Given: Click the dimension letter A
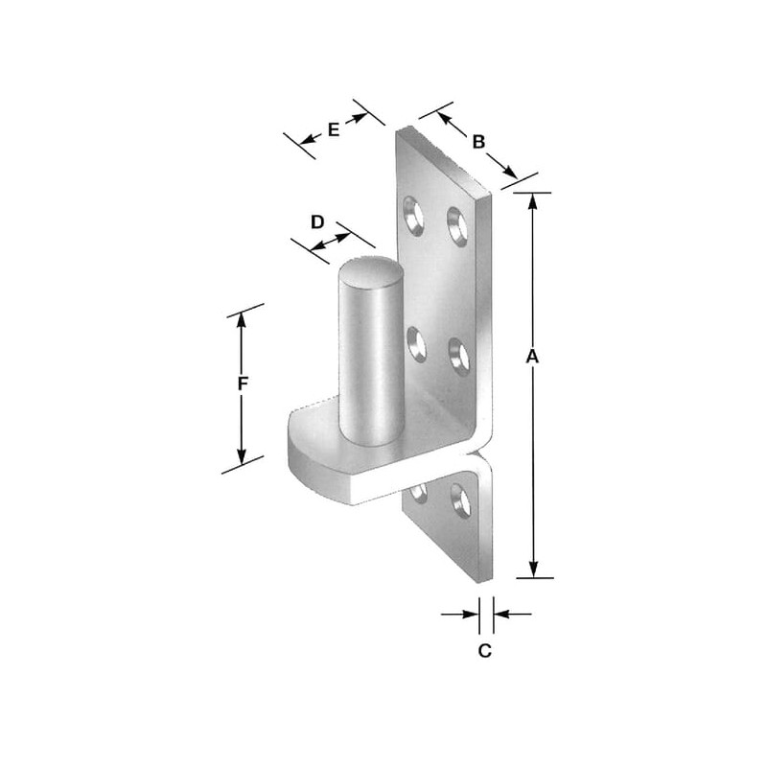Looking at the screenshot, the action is (532, 356).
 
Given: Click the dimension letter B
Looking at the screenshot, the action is (478, 142).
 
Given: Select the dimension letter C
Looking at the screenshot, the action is (485, 651).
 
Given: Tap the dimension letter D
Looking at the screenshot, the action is (317, 222).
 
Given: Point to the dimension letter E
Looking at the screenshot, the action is (333, 129).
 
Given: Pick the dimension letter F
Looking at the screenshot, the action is (243, 384).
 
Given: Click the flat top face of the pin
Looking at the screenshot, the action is (371, 272).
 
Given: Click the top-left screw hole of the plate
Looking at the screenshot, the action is (413, 216).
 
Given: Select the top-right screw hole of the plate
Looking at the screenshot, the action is (457, 226).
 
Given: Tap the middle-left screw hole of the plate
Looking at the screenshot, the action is (416, 344).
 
